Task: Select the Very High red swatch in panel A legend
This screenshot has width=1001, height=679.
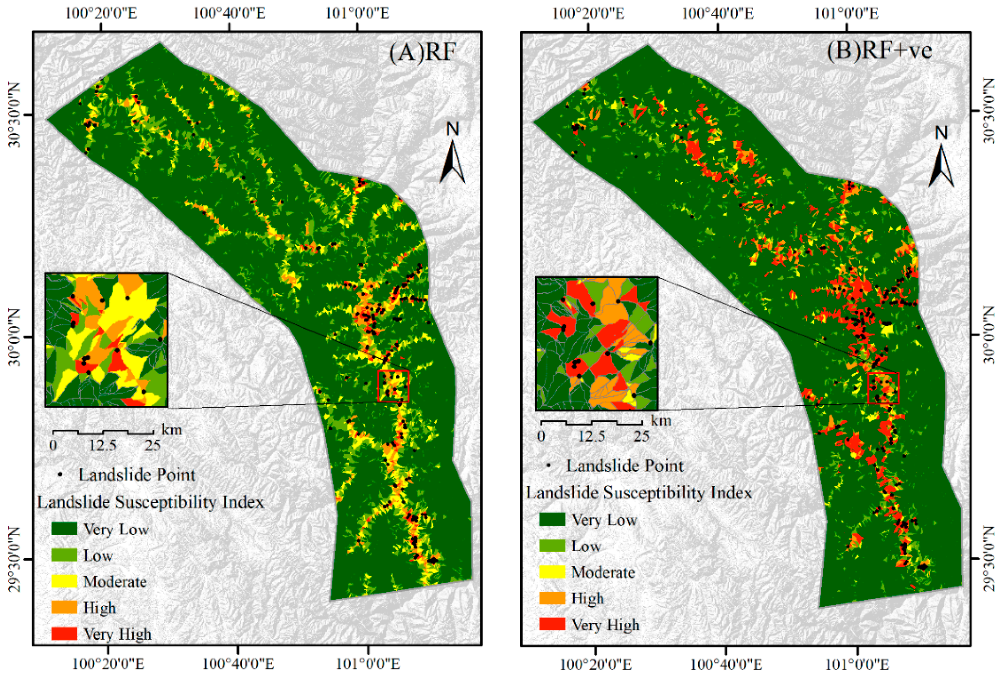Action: pos(64,633)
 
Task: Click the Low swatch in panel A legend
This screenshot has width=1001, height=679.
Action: pos(64,555)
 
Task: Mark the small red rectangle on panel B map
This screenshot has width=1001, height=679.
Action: pos(883,388)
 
